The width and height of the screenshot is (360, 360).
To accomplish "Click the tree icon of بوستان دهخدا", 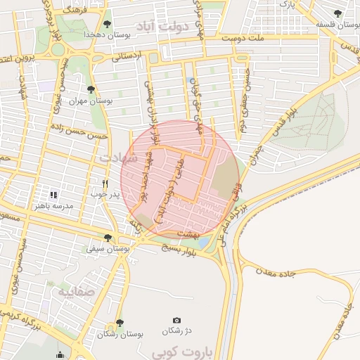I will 107,24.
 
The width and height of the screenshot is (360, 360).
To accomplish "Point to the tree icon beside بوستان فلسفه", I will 337,13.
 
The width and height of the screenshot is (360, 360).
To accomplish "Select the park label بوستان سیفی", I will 108,249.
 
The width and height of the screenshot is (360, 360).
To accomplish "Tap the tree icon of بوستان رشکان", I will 120,323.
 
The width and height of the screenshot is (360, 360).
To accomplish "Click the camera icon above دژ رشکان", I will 176,320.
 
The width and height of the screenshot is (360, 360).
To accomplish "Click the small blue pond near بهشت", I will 203,242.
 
